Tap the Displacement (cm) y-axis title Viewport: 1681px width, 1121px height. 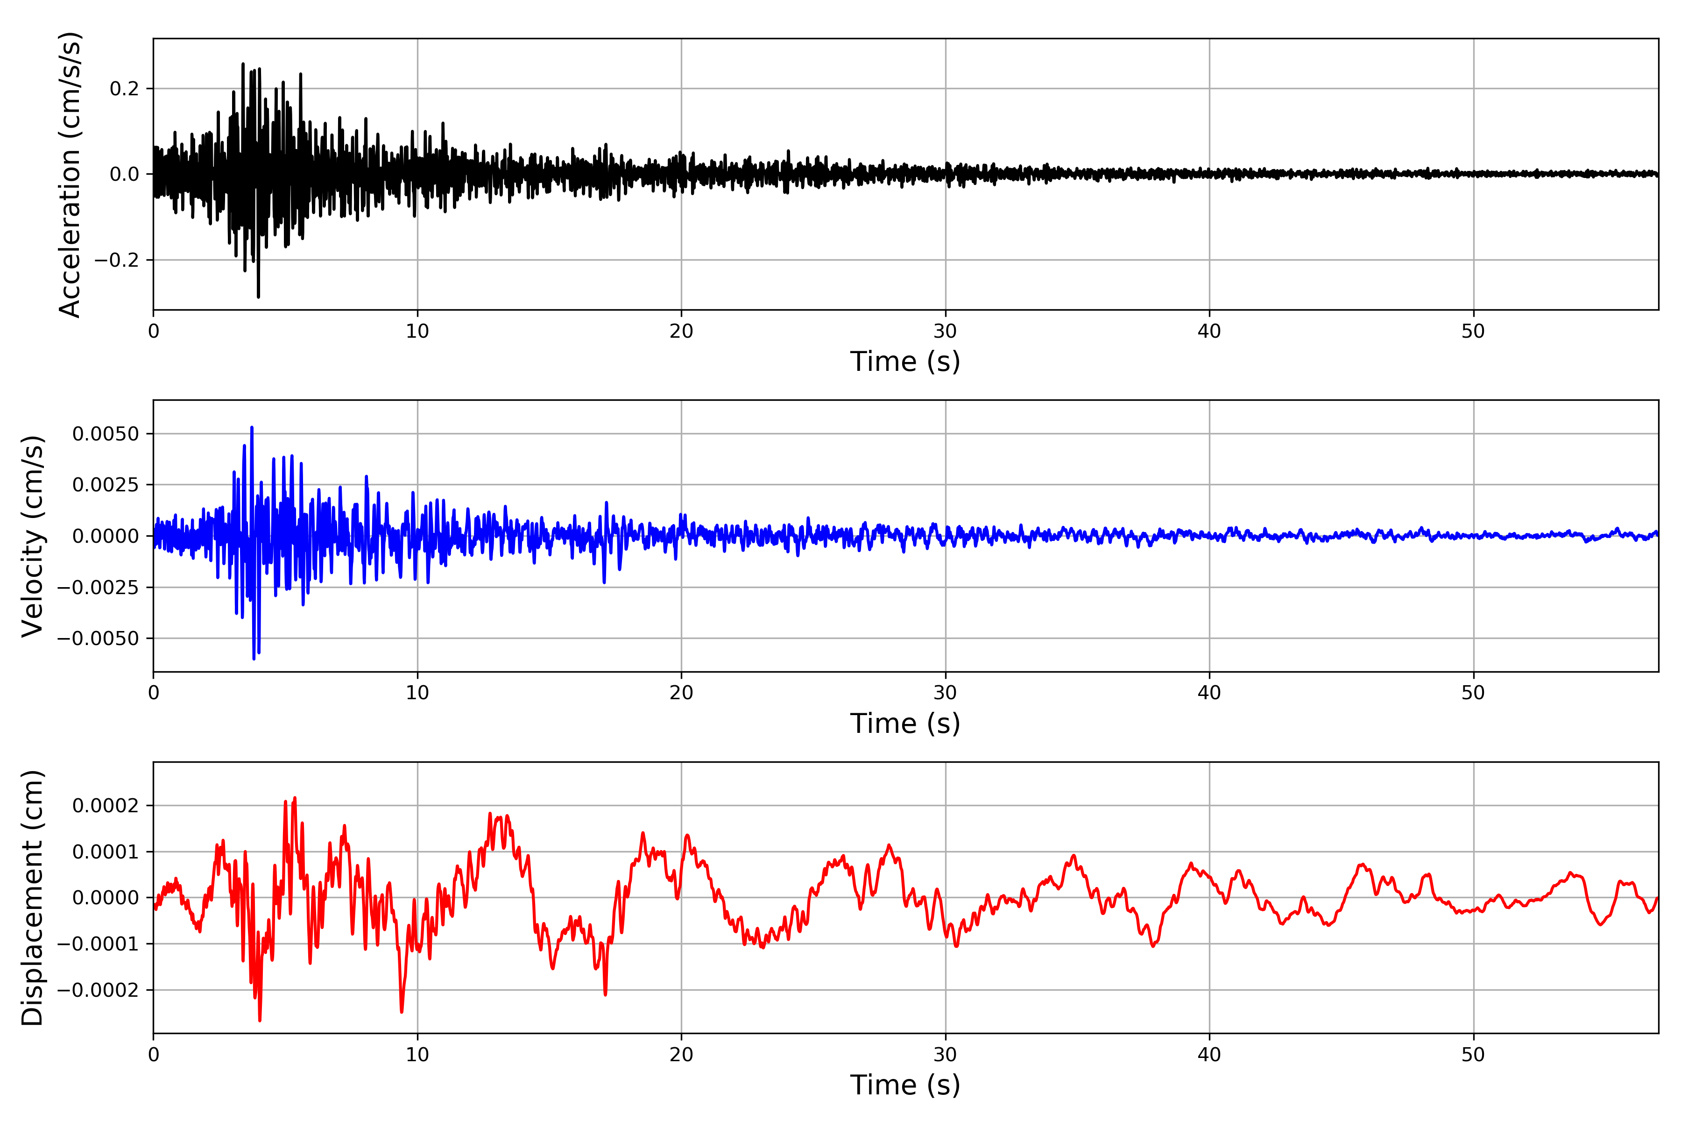[x=32, y=898]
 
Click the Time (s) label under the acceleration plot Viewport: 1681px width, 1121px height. [x=905, y=362]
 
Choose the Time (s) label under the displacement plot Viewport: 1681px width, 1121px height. [x=905, y=1085]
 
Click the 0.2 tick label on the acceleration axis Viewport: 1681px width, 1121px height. [x=124, y=89]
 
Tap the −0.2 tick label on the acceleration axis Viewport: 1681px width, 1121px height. [x=116, y=260]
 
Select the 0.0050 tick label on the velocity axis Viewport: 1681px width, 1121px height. [x=106, y=434]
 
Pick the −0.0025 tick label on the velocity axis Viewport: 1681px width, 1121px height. [x=98, y=587]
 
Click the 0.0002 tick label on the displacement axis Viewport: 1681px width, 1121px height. [x=106, y=806]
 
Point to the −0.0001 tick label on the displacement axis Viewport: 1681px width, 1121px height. [x=98, y=944]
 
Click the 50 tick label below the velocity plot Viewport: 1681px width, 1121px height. [x=1473, y=693]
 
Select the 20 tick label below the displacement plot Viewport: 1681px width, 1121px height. [x=681, y=1055]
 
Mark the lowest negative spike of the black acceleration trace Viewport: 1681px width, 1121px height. [x=258, y=297]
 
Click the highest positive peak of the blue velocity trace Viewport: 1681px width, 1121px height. [x=252, y=427]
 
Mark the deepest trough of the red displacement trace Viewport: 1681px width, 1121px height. [x=260, y=1020]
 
